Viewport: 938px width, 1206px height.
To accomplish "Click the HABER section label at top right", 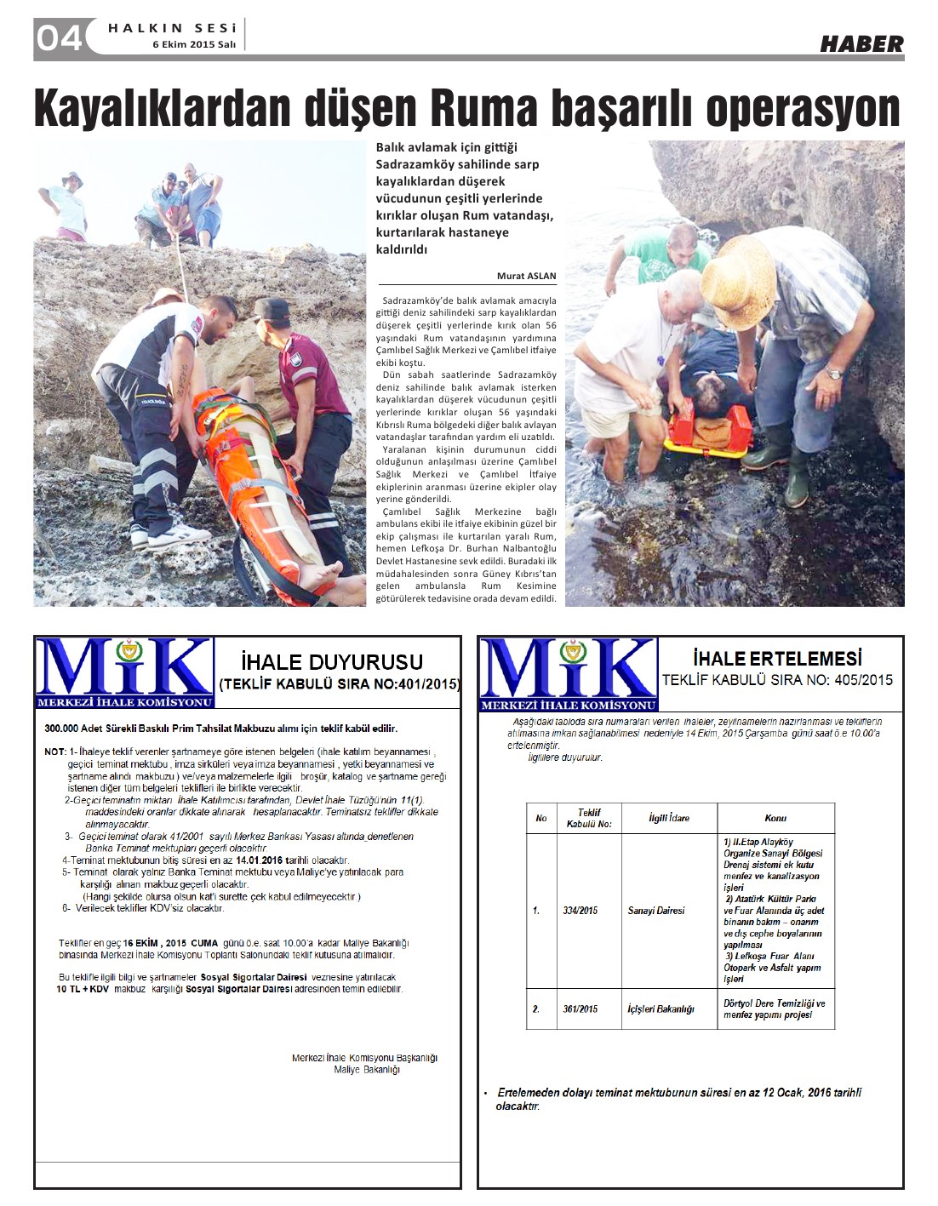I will point(861,43).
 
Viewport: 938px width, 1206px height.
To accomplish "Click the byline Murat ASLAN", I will point(526,276).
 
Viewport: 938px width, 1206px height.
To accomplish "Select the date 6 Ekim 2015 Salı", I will point(194,45).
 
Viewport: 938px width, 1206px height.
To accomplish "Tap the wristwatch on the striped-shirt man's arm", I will point(833,373).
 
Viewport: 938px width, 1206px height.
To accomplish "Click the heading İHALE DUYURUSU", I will point(332,662).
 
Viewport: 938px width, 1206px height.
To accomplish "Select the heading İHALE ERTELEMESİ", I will point(777,659).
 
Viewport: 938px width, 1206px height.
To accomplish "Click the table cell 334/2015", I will point(581,911).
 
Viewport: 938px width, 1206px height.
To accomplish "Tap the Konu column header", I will point(775,818).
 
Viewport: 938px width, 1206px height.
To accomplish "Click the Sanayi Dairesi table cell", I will point(656,911).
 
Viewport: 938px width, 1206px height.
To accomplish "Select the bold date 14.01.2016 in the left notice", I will point(259,860).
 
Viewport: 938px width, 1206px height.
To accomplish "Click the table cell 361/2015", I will point(581,1009).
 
